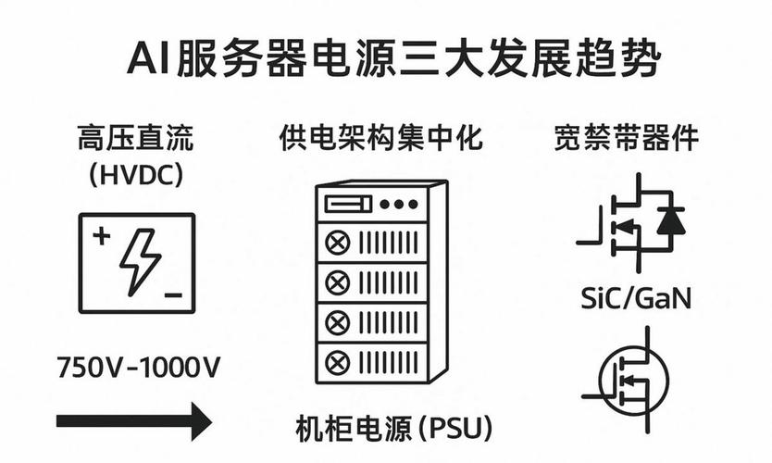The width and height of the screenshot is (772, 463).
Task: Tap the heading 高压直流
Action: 136,140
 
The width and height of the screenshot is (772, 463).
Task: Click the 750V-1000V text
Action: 139,367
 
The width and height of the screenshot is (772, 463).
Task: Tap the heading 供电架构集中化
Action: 381,140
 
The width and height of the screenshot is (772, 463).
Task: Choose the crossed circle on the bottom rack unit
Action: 334,359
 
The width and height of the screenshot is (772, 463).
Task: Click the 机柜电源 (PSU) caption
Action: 393,429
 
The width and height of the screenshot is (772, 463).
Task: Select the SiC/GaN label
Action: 636,300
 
